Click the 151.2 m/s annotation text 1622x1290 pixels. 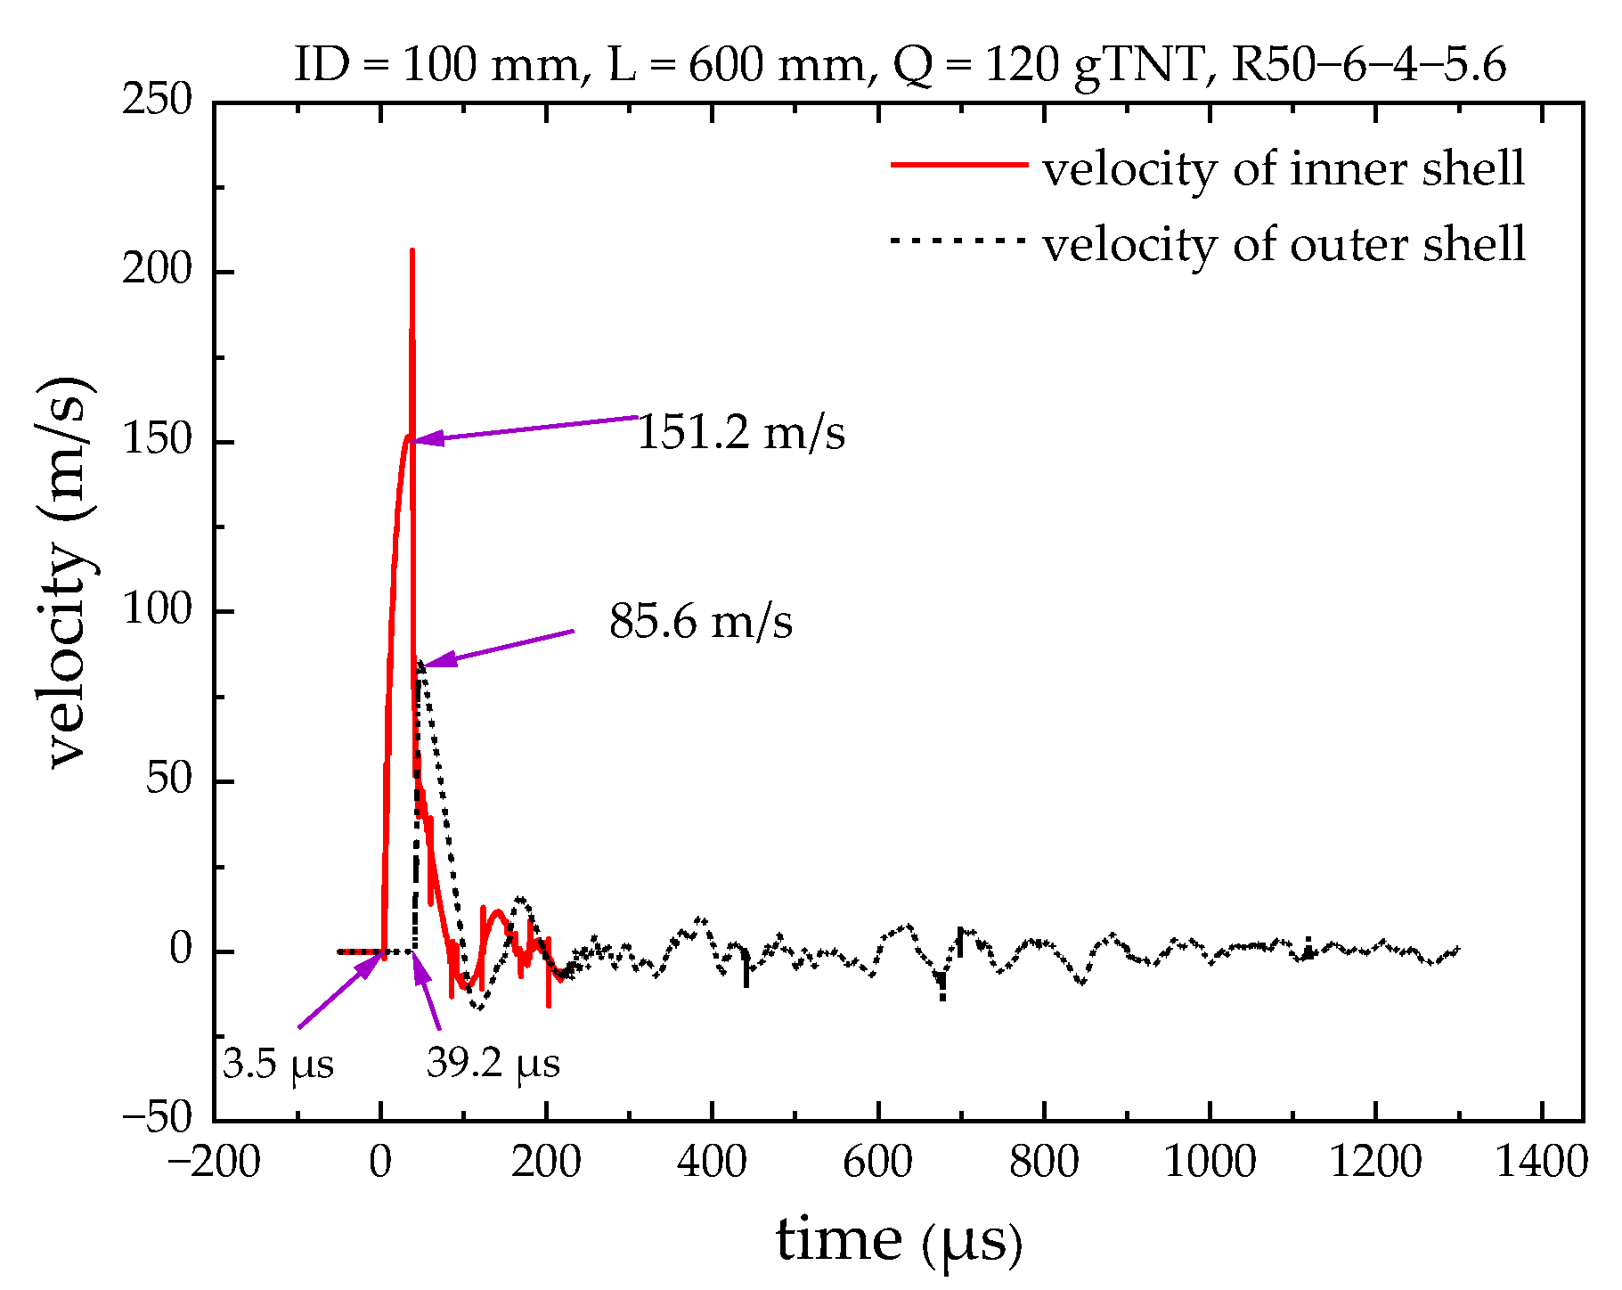tap(740, 433)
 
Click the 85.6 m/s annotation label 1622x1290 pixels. tap(700, 621)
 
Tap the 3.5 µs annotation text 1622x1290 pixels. tap(278, 1064)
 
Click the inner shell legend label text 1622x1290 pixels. tap(1284, 168)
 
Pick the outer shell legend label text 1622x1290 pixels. tap(1284, 243)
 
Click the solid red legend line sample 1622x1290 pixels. tap(959, 165)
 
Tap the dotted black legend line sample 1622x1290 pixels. tap(959, 240)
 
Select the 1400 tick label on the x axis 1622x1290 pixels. tap(1541, 1163)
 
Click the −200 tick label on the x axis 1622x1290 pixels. tap(214, 1163)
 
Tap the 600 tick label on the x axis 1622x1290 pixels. tap(877, 1163)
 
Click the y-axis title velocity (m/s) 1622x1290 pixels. tap(68, 570)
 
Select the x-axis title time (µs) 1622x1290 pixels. tap(898, 1240)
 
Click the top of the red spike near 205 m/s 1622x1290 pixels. tap(412, 252)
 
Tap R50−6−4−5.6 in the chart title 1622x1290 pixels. tap(1368, 65)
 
